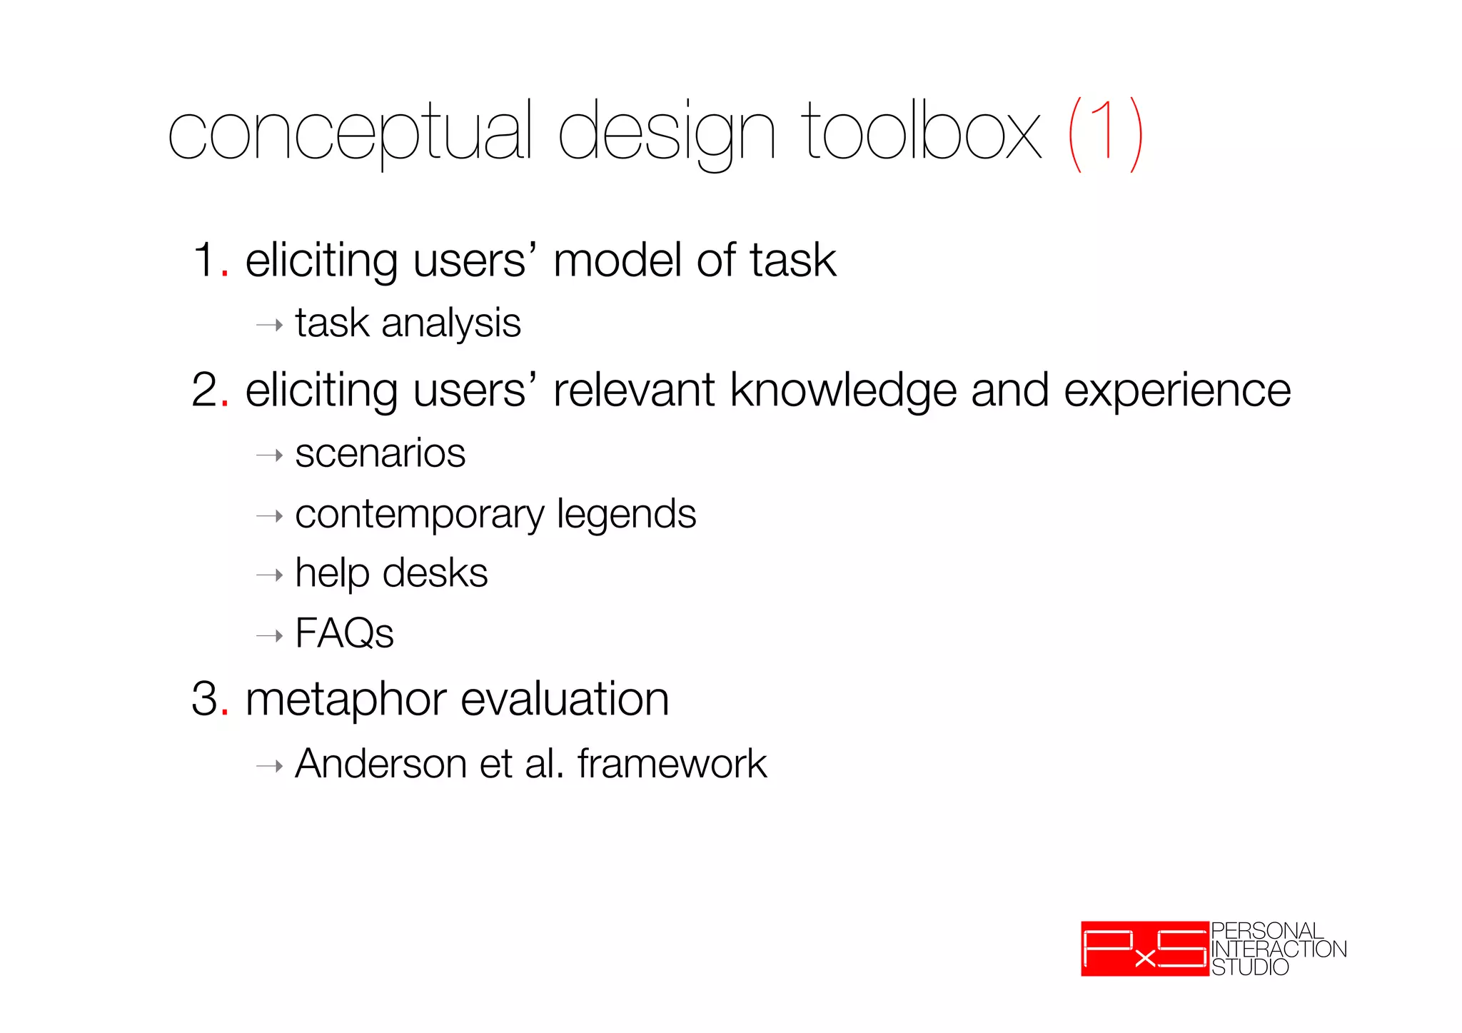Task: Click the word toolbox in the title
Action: tap(921, 132)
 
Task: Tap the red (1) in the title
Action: tap(1106, 133)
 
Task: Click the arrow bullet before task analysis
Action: tap(270, 326)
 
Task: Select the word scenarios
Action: tap(380, 453)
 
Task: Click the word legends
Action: tap(626, 514)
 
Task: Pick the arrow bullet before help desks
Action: tap(270, 575)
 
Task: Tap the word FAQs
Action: tap(344, 633)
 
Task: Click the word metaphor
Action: tap(346, 699)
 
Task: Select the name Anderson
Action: tap(381, 764)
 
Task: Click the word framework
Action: tap(672, 764)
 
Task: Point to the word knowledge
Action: tap(843, 390)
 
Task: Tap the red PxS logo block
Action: tap(1144, 949)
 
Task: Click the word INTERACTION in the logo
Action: tap(1279, 949)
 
